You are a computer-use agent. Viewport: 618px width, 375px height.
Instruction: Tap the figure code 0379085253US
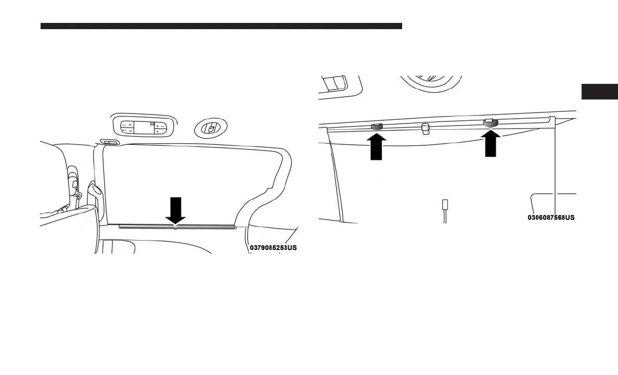click(x=273, y=248)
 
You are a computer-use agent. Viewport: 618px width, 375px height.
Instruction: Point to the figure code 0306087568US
click(x=551, y=217)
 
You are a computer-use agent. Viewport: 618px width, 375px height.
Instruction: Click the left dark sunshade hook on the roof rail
click(x=377, y=127)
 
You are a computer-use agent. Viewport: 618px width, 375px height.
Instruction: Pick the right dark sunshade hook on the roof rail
click(x=491, y=123)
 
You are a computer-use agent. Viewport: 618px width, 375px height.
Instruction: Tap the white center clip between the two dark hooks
click(x=426, y=128)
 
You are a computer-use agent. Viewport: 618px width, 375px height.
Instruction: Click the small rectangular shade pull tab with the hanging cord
click(x=445, y=204)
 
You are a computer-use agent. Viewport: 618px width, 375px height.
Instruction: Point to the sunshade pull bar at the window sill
click(x=177, y=227)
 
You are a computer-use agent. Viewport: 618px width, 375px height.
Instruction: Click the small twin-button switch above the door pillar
click(x=109, y=142)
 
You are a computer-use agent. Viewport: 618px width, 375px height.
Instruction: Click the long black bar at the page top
click(x=221, y=26)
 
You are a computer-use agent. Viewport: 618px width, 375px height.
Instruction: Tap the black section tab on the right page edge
click(x=599, y=91)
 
